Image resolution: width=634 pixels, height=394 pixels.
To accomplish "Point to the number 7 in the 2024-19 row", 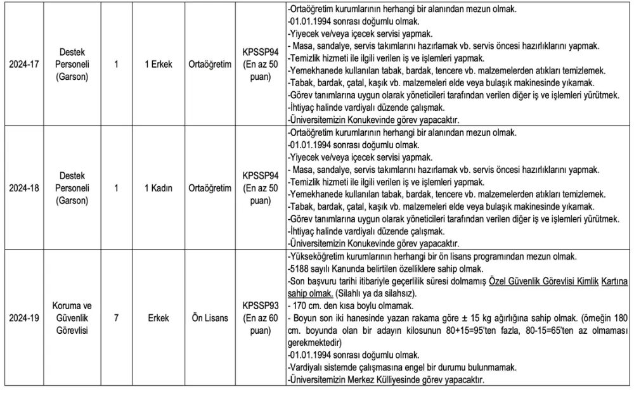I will (x=116, y=318).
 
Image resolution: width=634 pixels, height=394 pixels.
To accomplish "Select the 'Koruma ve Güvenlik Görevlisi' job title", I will (x=72, y=318).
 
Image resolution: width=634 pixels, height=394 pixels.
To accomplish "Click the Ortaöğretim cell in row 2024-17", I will (x=210, y=64).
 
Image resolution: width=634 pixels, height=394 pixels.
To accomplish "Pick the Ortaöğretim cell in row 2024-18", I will (x=210, y=187).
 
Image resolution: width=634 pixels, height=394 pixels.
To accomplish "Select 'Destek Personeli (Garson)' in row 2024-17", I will (x=72, y=64).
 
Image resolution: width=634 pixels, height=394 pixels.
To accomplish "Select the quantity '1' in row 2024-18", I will (x=116, y=187).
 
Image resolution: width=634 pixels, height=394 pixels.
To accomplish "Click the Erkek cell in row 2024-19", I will (x=158, y=318).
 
